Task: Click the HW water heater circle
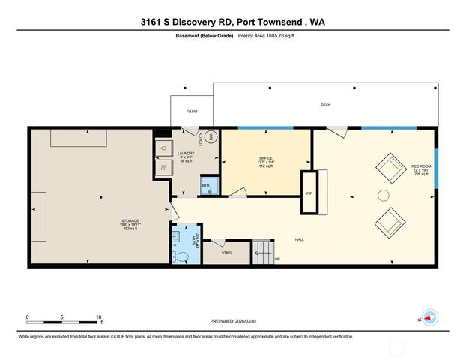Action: click(x=211, y=137)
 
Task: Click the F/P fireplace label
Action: click(x=309, y=194)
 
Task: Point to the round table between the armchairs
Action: click(x=383, y=196)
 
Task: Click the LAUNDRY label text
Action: click(x=186, y=153)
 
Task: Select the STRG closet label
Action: click(x=226, y=253)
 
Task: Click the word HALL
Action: click(x=299, y=240)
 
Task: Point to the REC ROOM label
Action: click(x=420, y=165)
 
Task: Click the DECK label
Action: click(x=325, y=104)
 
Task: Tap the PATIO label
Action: click(x=192, y=110)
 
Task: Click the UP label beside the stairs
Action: click(x=277, y=259)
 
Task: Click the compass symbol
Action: click(x=429, y=318)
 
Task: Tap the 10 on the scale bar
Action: click(x=98, y=316)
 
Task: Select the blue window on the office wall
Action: click(x=265, y=128)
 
